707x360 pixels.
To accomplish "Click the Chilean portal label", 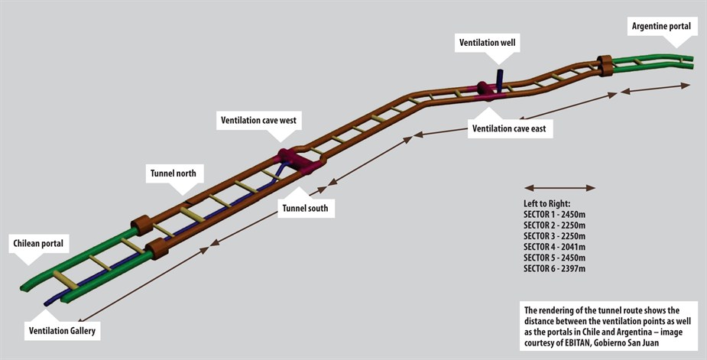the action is coord(38,244).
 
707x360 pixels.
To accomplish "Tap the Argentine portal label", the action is coord(661,26).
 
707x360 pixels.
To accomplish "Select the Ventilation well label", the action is coord(487,43).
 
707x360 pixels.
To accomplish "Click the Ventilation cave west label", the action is coord(259,121).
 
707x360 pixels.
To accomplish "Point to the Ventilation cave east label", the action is coord(509,128).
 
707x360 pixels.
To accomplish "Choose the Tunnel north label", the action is coord(174,174).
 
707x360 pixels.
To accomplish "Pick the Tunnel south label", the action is coord(305,209).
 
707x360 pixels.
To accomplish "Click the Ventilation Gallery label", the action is coord(62,331).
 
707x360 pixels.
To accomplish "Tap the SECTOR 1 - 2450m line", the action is coord(555,214).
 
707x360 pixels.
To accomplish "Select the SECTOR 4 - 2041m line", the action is coord(555,247).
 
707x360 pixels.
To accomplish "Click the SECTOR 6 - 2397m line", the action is coord(555,268).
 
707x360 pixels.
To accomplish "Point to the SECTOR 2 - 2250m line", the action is coord(555,225).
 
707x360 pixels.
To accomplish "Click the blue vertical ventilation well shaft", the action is coord(499,78).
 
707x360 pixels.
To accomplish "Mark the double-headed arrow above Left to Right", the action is coord(559,188).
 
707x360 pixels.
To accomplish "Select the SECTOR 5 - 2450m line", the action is coord(555,258).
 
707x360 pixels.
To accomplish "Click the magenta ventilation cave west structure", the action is coord(299,161).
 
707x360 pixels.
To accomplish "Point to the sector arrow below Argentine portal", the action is coord(655,88).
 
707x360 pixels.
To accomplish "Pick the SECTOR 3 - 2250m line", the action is coord(555,236).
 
